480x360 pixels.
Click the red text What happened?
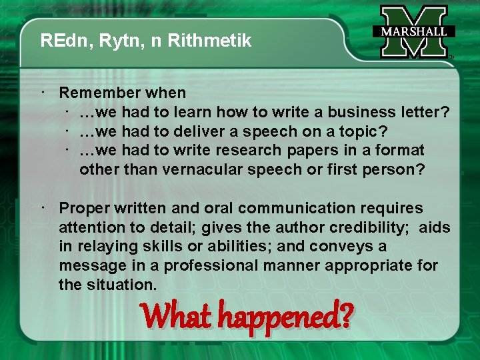[x=246, y=315]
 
